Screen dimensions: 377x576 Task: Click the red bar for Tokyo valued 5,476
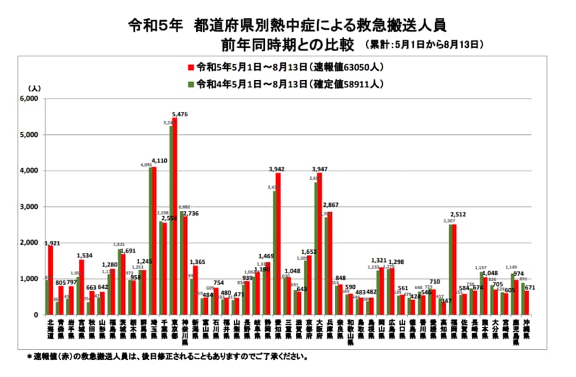[175, 218]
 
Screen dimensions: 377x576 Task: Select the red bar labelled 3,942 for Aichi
[278, 245]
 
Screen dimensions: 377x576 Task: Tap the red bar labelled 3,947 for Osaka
[320, 245]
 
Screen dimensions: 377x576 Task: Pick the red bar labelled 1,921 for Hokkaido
[51, 281]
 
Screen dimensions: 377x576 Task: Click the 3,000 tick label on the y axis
[29, 207]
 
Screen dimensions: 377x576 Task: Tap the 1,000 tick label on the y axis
[29, 279]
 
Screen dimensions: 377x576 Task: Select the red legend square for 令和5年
[190, 67]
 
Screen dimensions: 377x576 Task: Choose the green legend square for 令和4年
[190, 84]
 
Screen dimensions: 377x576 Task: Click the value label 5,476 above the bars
[180, 114]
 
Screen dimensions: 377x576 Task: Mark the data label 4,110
[160, 160]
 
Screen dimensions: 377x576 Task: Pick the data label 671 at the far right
[530, 288]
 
